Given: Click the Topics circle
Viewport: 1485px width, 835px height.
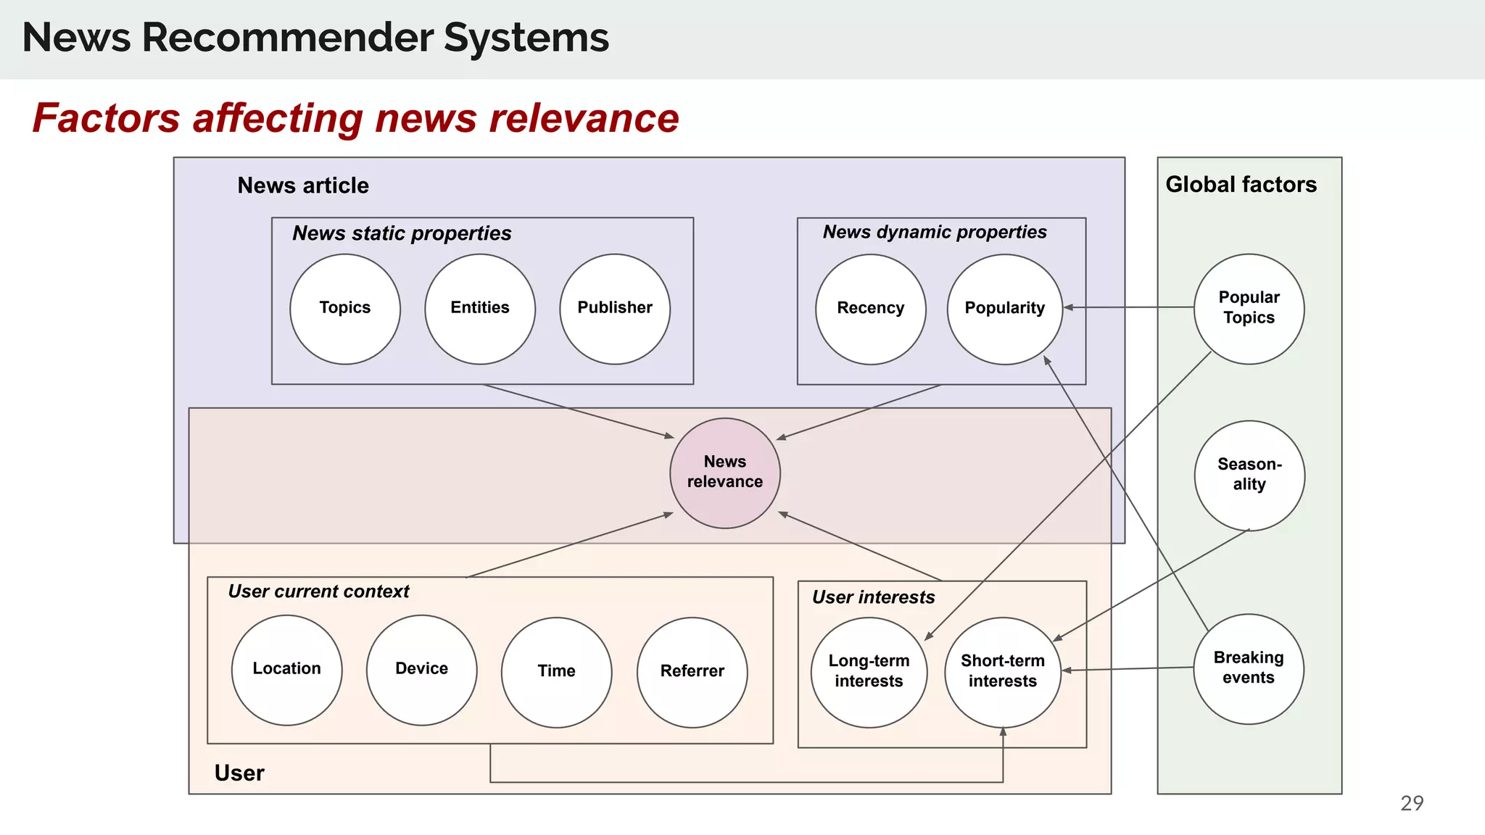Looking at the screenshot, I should (x=345, y=309).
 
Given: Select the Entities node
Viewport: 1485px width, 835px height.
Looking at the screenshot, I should (x=480, y=309).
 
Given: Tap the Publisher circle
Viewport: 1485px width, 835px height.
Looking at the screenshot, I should (x=615, y=309).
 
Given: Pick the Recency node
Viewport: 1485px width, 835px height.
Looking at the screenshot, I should (x=870, y=309).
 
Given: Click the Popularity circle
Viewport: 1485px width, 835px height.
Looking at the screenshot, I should (x=1005, y=309).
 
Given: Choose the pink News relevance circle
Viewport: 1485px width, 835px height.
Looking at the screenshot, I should (x=725, y=473).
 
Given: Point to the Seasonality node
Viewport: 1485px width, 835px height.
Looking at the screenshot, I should (x=1249, y=475).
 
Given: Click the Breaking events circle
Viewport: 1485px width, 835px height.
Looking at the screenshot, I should (x=1249, y=668).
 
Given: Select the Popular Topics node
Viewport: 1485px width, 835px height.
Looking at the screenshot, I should (x=1249, y=309).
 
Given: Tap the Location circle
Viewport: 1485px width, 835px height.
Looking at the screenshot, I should (x=286, y=670).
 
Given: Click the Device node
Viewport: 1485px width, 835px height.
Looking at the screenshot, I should (x=421, y=670).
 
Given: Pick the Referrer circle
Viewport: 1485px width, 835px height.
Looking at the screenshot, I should (x=692, y=672).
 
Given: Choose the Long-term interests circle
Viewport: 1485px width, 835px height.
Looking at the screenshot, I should (x=869, y=672).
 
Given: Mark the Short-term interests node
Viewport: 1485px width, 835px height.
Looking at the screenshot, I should (x=1003, y=672).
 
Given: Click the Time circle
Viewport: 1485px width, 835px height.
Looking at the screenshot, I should (x=556, y=672).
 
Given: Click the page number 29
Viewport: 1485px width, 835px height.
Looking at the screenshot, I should (x=1411, y=803).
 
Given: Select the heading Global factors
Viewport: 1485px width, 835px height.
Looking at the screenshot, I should (x=1241, y=185).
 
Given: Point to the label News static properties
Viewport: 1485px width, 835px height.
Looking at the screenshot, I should (x=402, y=233).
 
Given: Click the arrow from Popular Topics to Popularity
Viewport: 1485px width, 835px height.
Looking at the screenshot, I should (x=1128, y=307).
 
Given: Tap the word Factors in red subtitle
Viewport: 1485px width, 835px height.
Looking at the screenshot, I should (x=106, y=118).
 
